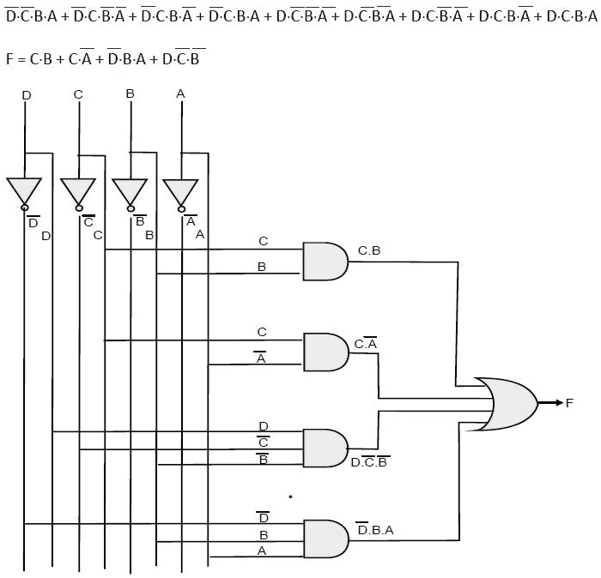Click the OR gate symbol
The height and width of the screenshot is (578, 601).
pos(511,403)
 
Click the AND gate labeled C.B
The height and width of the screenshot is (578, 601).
pos(325,261)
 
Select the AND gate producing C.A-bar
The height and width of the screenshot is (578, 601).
pos(325,352)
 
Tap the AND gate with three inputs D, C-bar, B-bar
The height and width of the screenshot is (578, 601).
pos(325,447)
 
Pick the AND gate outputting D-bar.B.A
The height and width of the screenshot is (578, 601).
pos(325,539)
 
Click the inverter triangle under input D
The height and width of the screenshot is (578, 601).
pos(24,191)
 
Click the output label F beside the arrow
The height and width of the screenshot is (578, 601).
pos(569,403)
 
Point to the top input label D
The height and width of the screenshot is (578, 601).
pos(26,95)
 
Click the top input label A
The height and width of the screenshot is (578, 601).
pos(180,93)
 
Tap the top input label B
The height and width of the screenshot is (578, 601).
pos(130,93)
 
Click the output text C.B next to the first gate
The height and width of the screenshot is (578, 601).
pos(369,250)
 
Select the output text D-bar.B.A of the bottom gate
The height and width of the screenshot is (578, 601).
pos(375,530)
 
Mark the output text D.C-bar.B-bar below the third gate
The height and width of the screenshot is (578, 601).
pos(370,462)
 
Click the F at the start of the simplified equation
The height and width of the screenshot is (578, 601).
pos(9,59)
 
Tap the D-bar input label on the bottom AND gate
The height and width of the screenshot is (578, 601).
pos(263,517)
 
